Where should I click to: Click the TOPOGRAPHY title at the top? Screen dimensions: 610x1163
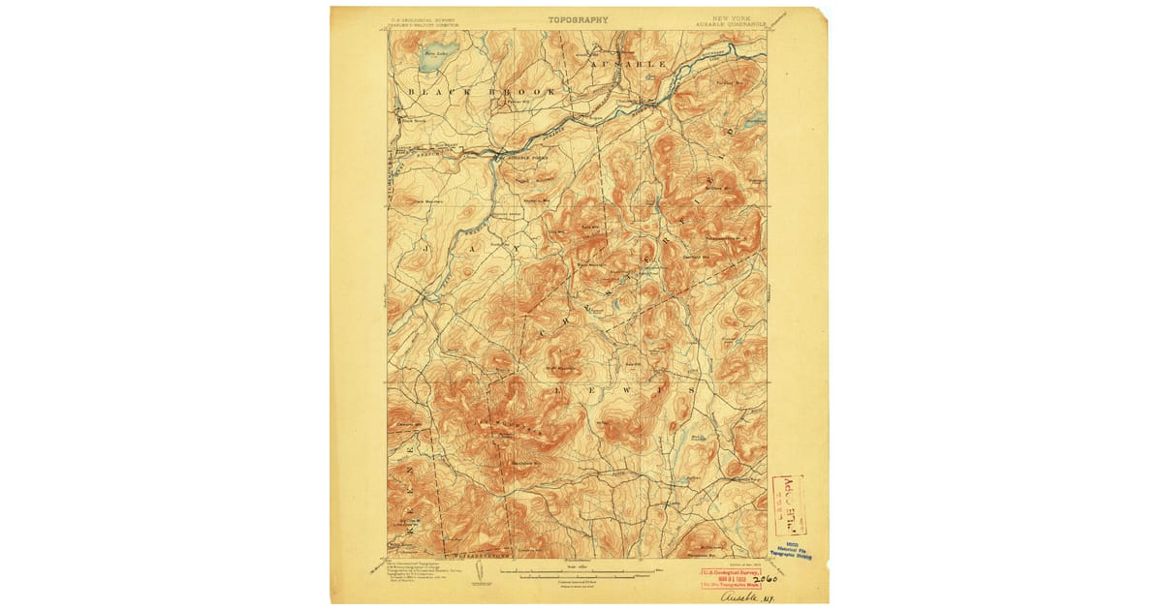[x=578, y=19]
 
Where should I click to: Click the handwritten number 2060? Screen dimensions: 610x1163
[x=766, y=579]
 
